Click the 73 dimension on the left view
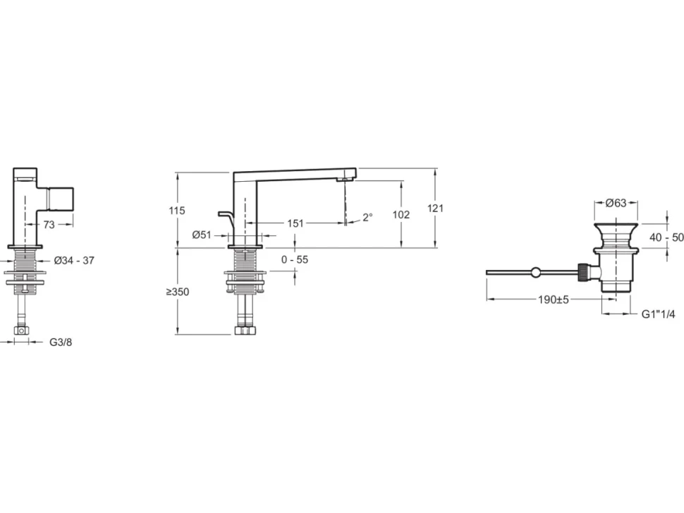pos(49,225)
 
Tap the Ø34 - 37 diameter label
pos(74,261)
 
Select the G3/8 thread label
pos(61,342)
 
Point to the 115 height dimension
pos(177,211)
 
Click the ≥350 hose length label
pos(178,292)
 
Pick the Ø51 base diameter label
pos(202,235)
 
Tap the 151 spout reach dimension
pos(295,223)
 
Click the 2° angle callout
pos(367,217)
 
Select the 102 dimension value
pos(401,214)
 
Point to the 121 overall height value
pos(435,209)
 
